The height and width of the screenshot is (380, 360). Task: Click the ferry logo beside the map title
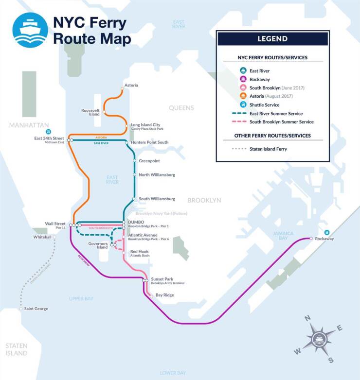click(x=30, y=30)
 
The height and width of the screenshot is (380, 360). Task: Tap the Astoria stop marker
click(x=122, y=89)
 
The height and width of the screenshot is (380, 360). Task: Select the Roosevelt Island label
click(x=90, y=112)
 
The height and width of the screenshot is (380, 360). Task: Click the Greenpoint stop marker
click(x=134, y=160)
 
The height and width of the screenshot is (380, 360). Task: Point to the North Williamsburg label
click(x=157, y=174)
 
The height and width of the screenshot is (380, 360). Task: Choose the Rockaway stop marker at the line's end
click(x=311, y=239)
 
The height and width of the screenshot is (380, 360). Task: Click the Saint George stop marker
click(x=21, y=309)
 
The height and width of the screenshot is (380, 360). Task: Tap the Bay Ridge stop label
click(x=164, y=295)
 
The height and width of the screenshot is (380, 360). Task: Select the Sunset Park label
click(x=162, y=279)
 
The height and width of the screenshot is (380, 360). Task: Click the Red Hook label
click(x=140, y=251)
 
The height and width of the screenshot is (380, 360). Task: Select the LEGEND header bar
click(x=272, y=38)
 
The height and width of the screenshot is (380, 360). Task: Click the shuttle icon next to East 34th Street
click(x=48, y=131)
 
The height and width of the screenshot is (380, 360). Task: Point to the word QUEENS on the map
click(x=181, y=108)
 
